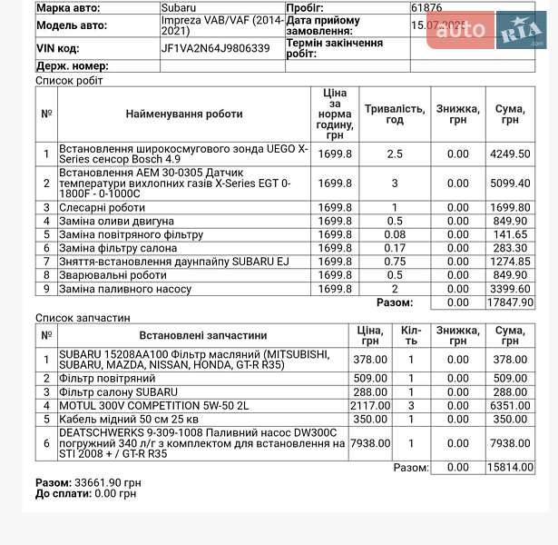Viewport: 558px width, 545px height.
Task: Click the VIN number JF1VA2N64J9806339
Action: (x=215, y=48)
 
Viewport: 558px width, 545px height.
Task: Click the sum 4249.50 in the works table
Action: (x=509, y=154)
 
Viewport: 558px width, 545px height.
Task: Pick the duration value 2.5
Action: (x=394, y=154)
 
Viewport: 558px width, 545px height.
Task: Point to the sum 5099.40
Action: (x=509, y=183)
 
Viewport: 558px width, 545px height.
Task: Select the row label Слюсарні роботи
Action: (x=102, y=207)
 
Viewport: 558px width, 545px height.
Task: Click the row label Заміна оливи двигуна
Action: (x=116, y=221)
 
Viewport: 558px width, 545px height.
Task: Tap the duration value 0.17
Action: (x=394, y=248)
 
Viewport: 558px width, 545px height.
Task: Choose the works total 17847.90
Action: (x=509, y=302)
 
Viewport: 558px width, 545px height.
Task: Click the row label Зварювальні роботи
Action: (x=113, y=275)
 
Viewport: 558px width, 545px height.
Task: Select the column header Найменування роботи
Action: (x=184, y=114)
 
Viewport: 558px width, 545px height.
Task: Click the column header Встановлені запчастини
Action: (x=203, y=334)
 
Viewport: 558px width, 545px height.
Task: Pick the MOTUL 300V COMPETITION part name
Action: (x=152, y=405)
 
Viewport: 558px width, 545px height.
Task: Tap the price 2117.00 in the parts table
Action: (x=370, y=405)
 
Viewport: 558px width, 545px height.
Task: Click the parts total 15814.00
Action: (x=509, y=467)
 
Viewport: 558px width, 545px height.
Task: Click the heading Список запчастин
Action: (x=83, y=318)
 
